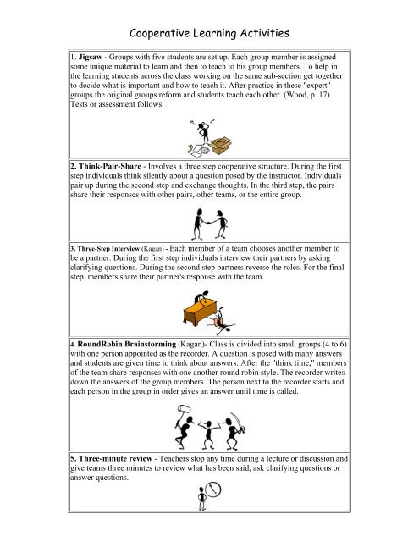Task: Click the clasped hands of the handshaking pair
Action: point(209,217)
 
